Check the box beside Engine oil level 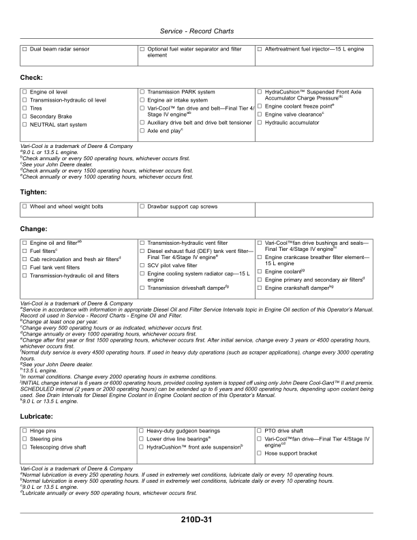click(x=25, y=91)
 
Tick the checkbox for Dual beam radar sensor click(x=25, y=49)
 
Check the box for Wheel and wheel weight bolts click(x=25, y=206)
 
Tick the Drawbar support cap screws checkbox click(x=142, y=206)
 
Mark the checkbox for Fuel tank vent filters click(x=25, y=267)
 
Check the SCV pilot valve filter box click(x=142, y=265)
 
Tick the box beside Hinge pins click(x=25, y=431)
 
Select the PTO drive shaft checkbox click(x=260, y=431)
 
